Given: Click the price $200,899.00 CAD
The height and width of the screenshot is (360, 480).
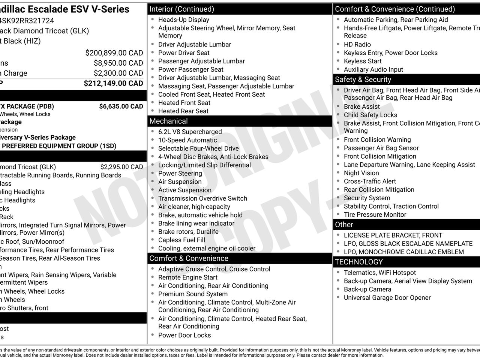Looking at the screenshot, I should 114,53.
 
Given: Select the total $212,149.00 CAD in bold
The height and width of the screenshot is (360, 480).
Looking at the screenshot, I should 113,83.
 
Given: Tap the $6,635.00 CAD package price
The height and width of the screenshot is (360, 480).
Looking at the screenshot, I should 121,106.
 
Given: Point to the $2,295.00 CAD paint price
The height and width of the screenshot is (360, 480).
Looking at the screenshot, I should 121,167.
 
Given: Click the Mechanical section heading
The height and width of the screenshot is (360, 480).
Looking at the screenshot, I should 168,121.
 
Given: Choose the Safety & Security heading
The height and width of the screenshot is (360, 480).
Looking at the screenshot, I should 363,79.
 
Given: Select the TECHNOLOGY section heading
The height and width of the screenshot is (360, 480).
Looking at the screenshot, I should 358,262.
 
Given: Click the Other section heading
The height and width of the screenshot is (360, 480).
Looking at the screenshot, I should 344,225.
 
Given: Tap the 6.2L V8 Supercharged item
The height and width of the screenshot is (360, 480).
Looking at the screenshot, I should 190,132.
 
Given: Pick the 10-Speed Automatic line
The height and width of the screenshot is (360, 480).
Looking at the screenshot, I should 187,140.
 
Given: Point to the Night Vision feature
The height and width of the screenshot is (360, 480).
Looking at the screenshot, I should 361,173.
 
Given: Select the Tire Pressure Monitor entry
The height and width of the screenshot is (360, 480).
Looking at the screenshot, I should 375,214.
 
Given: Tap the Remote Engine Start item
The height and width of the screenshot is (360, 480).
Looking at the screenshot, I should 187,277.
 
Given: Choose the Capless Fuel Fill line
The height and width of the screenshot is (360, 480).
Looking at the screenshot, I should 181,240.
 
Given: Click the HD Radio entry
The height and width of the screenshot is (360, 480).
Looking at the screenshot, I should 357,45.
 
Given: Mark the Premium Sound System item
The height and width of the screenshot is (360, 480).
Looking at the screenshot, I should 193,294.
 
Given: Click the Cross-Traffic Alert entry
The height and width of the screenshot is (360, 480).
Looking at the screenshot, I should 370,181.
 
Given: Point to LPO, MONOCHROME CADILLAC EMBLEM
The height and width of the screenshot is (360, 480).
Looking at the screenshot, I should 403,252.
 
